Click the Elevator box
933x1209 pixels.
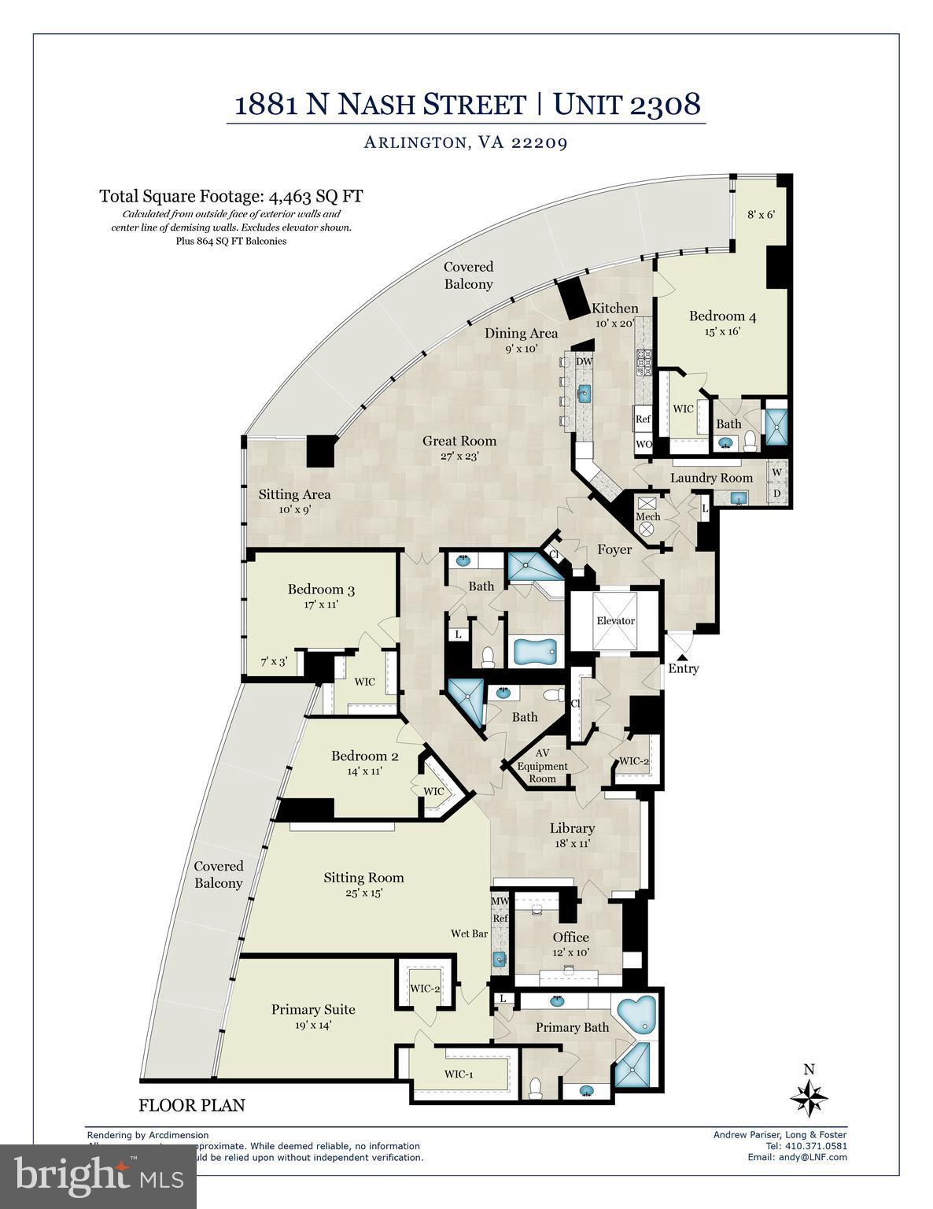point(614,620)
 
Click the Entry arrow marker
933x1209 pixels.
point(682,655)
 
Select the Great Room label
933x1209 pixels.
point(459,441)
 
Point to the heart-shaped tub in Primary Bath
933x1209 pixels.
point(637,1015)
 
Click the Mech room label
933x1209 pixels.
point(647,516)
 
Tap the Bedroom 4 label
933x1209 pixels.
point(722,316)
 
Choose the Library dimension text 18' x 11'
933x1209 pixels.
point(572,843)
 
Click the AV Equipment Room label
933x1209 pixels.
point(542,766)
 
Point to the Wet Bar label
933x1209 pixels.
point(469,934)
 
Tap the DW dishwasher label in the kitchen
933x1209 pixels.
point(584,361)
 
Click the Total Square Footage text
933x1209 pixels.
point(230,196)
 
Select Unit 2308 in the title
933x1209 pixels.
point(626,104)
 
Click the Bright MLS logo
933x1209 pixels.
point(98,1176)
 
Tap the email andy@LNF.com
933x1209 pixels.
point(797,1157)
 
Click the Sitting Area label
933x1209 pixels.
point(294,494)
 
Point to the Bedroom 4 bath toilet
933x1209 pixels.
point(750,440)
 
